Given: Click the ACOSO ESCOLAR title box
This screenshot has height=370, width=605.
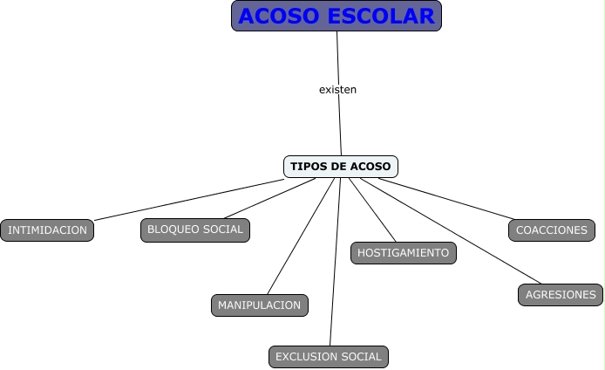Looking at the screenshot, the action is pyautogui.click(x=336, y=16).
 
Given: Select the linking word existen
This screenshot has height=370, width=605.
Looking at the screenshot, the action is pyautogui.click(x=337, y=89).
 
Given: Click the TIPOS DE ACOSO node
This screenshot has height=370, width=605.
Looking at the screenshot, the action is pyautogui.click(x=341, y=166).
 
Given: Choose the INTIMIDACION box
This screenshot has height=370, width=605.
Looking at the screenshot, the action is pyautogui.click(x=47, y=230).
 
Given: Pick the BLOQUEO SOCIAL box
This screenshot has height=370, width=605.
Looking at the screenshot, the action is pyautogui.click(x=195, y=230).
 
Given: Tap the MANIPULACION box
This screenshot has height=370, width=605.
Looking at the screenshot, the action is pyautogui.click(x=259, y=305).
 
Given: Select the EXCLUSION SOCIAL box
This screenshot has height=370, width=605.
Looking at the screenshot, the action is pyautogui.click(x=329, y=356).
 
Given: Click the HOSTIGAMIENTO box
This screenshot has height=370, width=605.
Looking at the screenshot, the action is pyautogui.click(x=403, y=253).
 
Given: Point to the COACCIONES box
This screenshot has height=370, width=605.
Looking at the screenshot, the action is pyautogui.click(x=552, y=230).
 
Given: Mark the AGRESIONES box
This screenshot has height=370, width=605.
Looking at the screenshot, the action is pyautogui.click(x=561, y=295).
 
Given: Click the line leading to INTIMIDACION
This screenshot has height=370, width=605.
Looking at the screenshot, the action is pyautogui.click(x=187, y=199).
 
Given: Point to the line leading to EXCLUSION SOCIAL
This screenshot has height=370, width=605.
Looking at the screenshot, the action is pyautogui.click(x=333, y=262).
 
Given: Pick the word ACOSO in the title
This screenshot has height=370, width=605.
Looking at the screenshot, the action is pyautogui.click(x=280, y=16).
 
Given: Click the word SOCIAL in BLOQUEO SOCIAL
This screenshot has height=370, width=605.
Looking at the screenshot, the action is pyautogui.click(x=222, y=230).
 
